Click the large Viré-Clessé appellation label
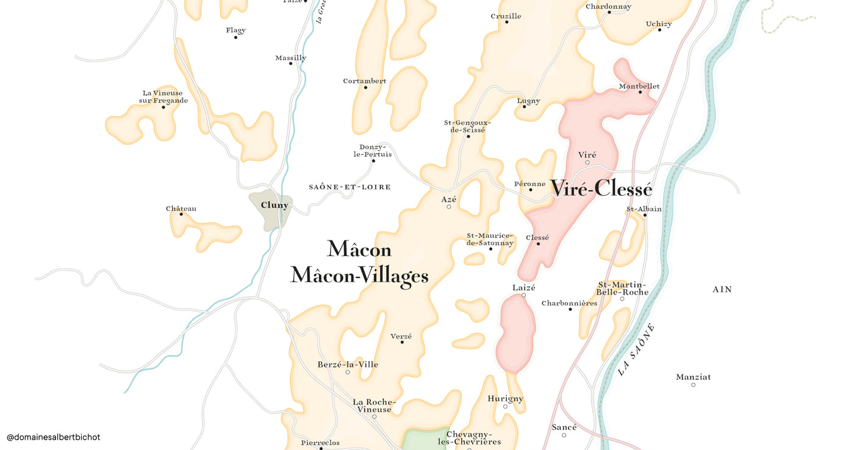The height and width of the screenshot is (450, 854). (601, 189)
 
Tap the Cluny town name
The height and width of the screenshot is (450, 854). (274, 205)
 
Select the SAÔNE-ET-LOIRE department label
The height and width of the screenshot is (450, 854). (350, 187)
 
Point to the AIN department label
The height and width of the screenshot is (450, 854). (722, 290)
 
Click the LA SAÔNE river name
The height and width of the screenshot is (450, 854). (636, 349)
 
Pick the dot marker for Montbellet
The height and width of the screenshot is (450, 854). (640, 92)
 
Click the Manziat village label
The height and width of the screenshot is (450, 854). (693, 377)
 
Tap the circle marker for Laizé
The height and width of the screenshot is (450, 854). (523, 295)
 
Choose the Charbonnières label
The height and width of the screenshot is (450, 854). (569, 303)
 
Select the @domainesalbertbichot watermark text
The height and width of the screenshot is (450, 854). (53, 437)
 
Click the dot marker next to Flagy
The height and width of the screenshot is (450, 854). (235, 38)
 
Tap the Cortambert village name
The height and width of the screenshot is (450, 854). (364, 81)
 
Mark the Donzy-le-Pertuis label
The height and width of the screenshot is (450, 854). (372, 151)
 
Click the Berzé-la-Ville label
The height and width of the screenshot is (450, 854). (348, 365)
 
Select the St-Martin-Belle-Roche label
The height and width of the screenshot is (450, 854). (622, 288)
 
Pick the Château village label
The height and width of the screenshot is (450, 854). (181, 209)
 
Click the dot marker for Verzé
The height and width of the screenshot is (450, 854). (402, 342)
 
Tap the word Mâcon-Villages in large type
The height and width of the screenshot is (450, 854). (359, 276)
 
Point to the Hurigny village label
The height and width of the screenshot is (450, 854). (505, 399)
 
